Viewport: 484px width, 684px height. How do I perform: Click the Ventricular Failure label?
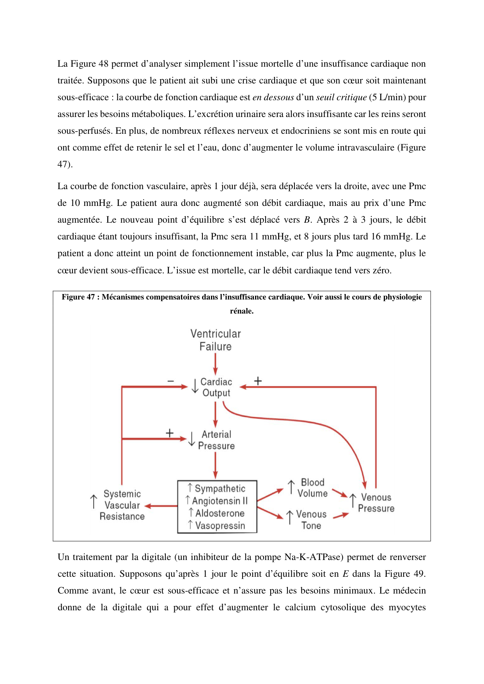pos(215,340)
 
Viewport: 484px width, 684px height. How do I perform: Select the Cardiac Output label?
pos(216,387)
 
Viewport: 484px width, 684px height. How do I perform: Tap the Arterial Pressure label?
pos(216,440)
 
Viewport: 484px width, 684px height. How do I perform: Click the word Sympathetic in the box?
pos(220,488)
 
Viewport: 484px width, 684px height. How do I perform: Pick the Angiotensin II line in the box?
pos(220,501)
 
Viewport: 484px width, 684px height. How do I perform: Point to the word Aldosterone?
pos(220,513)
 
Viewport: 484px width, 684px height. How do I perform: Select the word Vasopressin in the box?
pos(220,526)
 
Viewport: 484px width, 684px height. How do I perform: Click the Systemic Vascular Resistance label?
pos(122,505)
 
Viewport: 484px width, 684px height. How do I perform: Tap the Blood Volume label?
pos(312,488)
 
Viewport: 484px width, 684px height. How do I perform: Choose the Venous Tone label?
pos(311,520)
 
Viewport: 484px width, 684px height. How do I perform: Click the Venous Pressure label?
pos(376,503)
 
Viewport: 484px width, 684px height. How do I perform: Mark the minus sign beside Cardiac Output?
pos(171,381)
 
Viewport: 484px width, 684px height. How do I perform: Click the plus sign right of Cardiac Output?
pos(258,381)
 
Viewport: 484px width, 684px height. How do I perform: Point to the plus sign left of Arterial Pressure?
pos(170,433)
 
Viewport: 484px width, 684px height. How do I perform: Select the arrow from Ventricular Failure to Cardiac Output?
pos(215,365)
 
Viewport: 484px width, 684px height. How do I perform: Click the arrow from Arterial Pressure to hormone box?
pos(215,466)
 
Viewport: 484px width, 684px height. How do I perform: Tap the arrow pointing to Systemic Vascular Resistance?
pos(161,506)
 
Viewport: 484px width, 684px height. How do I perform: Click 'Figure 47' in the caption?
pos(78,297)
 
